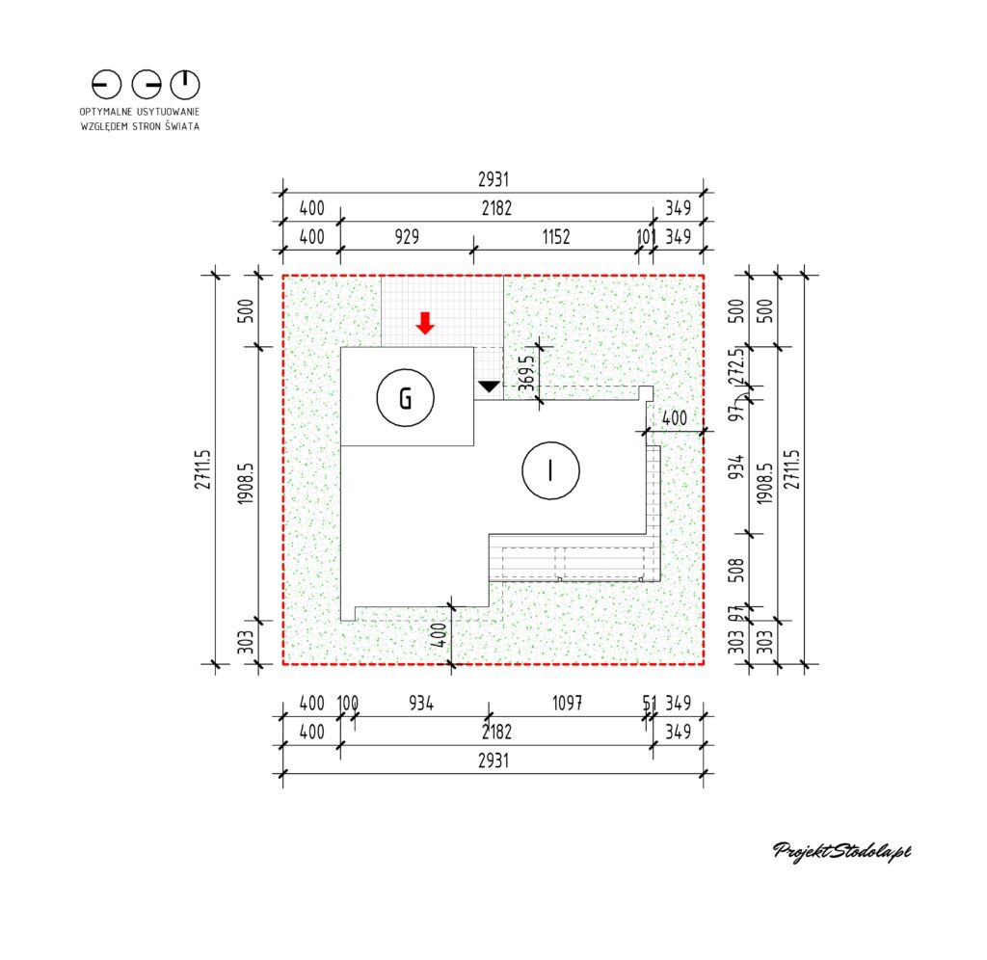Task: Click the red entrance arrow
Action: click(x=425, y=323)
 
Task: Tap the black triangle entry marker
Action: click(x=489, y=387)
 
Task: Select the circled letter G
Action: click(x=406, y=398)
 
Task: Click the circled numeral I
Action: click(x=550, y=470)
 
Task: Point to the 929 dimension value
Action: click(x=407, y=237)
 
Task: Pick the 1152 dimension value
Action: click(x=556, y=237)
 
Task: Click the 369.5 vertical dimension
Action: click(x=527, y=373)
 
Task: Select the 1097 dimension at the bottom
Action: click(x=567, y=703)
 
